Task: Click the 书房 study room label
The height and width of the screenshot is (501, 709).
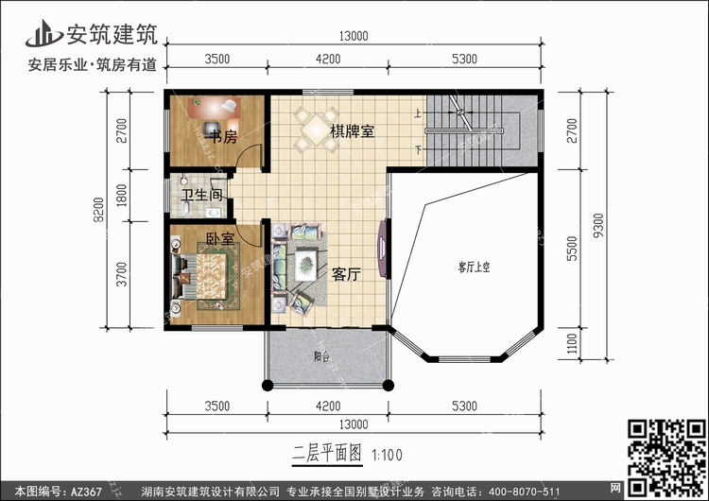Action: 223,136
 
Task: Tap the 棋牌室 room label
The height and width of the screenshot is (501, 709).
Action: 353,131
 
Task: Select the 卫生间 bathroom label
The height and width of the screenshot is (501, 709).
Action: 202,195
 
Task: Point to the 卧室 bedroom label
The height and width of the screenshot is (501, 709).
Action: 220,238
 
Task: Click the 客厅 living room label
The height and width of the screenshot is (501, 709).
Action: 346,274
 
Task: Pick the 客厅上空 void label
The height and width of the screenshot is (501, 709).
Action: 474,267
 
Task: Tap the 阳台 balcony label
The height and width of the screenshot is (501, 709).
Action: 321,356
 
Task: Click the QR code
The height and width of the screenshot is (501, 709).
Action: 666,458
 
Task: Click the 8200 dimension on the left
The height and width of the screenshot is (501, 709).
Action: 98,210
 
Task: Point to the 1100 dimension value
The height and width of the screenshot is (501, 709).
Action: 572,344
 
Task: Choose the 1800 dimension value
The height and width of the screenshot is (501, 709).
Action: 122,196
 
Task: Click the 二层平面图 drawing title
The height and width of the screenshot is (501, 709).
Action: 327,453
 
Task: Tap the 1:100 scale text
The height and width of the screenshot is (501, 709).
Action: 387,455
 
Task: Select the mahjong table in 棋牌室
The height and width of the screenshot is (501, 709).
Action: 317,129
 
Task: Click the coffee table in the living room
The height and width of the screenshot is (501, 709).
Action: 306,265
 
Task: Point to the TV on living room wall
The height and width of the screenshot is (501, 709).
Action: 383,249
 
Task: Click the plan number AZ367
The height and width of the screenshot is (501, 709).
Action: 86,492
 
